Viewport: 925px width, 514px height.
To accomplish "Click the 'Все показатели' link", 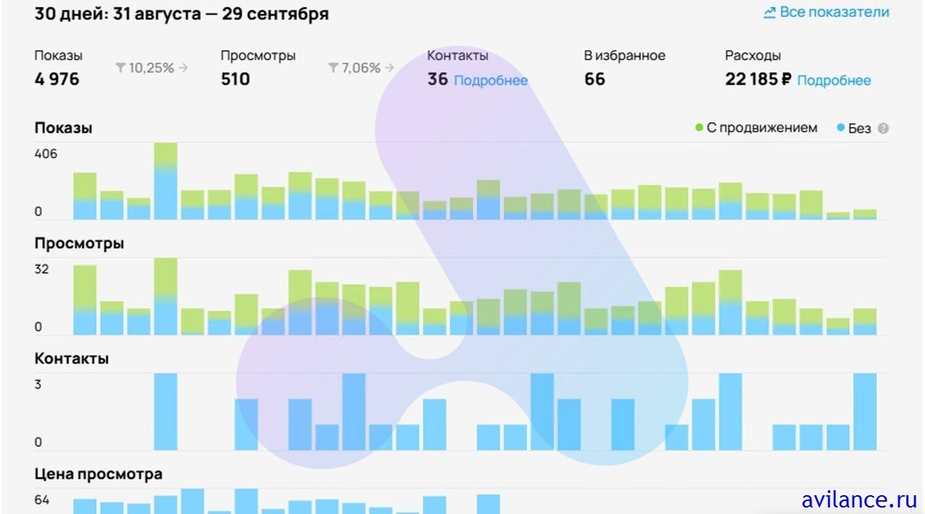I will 827,13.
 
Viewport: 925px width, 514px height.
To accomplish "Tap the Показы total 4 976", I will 57,79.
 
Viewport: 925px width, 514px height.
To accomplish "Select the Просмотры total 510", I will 236,79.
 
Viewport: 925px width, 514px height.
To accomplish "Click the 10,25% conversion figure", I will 151,68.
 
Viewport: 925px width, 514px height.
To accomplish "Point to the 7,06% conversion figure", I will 361,68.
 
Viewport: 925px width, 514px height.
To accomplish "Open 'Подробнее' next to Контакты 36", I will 491,81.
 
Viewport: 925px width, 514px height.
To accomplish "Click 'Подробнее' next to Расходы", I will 834,81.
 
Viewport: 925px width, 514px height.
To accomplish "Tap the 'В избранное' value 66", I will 595,79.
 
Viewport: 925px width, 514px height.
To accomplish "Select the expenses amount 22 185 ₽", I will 758,79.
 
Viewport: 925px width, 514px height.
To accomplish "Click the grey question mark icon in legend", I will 883,128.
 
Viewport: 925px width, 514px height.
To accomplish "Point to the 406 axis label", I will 46,154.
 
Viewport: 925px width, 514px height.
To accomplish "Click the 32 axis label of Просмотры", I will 42,269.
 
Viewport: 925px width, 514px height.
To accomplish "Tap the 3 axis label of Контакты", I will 38,385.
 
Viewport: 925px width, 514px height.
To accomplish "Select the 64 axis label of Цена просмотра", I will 42,500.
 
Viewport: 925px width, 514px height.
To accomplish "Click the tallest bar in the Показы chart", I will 165,180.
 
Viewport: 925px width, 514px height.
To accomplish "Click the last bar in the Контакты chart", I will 865,411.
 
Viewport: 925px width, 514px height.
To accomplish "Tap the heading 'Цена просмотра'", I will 98,474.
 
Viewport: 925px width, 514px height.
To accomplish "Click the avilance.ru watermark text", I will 859,499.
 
